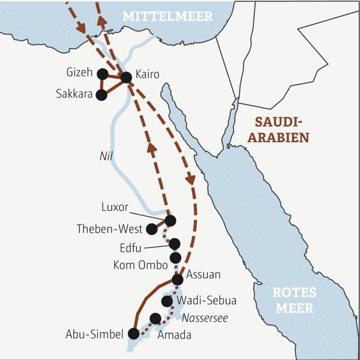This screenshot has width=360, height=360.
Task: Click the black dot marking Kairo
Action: (x=126, y=77)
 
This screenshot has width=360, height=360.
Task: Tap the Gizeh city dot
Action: (x=102, y=74)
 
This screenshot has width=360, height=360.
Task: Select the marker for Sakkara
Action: (x=101, y=95)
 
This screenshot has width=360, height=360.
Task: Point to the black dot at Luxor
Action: (x=170, y=221)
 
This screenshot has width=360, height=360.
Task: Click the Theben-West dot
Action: (x=152, y=229)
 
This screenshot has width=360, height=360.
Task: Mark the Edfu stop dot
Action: (x=175, y=244)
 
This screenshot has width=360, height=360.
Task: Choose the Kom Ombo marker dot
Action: (x=175, y=258)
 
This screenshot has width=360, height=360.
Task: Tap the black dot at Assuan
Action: (x=178, y=280)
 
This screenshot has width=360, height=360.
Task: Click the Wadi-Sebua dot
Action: (x=167, y=301)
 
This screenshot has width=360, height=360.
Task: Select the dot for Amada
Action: (x=155, y=318)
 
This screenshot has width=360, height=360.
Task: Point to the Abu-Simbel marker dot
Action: (x=134, y=334)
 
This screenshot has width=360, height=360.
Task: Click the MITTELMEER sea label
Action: (x=167, y=17)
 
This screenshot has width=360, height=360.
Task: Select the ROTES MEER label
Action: (x=293, y=301)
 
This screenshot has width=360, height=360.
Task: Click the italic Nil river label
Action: (x=106, y=155)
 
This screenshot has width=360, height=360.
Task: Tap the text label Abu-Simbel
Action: (x=94, y=334)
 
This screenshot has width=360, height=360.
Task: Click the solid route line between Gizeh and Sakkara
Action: (x=102, y=85)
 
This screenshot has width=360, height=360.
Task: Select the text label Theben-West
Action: (x=109, y=229)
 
